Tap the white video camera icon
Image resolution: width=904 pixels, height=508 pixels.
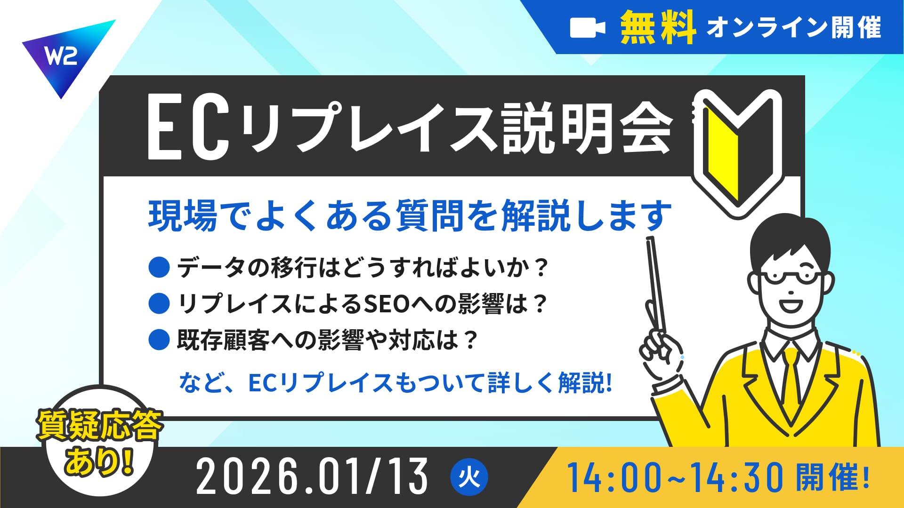pos(587,28)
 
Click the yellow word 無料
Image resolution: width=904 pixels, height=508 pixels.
pos(658,28)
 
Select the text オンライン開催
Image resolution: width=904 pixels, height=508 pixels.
pos(794,27)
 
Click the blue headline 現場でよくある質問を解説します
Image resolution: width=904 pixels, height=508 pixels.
pos(410,215)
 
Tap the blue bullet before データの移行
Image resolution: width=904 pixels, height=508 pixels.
pos(159,267)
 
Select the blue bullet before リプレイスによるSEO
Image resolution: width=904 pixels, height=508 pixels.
pos(159,303)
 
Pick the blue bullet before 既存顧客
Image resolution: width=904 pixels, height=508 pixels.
pos(159,340)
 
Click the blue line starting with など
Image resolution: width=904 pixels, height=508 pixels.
pos(395,383)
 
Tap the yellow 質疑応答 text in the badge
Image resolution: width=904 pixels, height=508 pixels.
pos(100,426)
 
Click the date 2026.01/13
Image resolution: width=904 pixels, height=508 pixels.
pos(312,477)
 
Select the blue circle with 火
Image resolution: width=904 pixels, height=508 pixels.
pos(469,478)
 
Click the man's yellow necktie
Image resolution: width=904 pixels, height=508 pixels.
pos(791,376)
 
